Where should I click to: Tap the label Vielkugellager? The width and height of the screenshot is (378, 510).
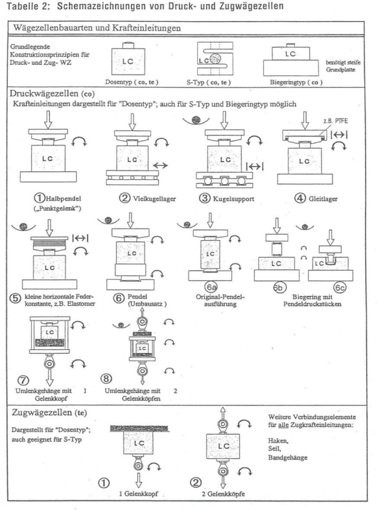point(154,199)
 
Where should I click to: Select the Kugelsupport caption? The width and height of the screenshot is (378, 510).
point(233,199)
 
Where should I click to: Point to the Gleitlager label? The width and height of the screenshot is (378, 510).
point(323,199)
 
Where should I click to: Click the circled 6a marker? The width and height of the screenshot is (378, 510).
point(211,287)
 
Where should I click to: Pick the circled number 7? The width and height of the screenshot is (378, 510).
point(23,380)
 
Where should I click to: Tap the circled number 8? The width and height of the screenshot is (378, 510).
point(106,378)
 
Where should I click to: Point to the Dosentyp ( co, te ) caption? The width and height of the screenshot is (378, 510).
point(132,82)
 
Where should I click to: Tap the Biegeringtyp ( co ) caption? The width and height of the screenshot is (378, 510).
point(296,82)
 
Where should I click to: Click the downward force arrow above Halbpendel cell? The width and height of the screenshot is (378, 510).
point(48,119)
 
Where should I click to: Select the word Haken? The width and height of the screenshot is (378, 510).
point(278,441)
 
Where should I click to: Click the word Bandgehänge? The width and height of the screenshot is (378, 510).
point(288,457)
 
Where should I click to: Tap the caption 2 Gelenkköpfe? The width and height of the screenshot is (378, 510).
point(223,494)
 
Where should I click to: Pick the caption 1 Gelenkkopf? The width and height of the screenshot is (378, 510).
point(139,494)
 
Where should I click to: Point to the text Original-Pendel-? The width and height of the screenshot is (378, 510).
point(220,297)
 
